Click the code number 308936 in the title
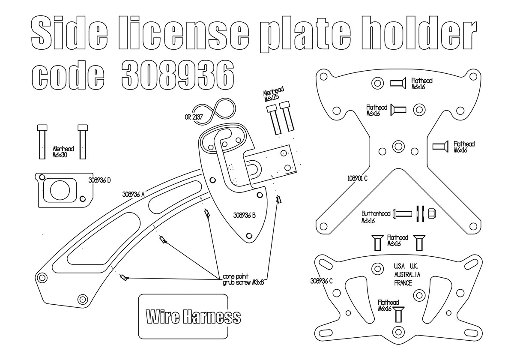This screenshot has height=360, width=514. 178,75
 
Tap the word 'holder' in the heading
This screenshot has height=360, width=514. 419,33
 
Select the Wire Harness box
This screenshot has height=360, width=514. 183,316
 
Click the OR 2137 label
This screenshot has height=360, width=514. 194,117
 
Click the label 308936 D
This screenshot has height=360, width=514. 99,180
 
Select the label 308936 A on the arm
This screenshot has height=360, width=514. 133,195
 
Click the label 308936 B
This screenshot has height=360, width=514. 245,215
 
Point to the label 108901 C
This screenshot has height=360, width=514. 357,178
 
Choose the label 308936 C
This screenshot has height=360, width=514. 321,281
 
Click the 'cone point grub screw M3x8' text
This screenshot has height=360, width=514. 243,279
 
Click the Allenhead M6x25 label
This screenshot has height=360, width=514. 274,94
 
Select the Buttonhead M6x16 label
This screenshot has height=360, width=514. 376,217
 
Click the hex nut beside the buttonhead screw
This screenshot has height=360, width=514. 432,213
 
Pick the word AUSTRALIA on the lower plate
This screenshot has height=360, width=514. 407,275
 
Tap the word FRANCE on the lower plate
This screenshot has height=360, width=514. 403,283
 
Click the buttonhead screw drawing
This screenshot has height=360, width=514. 403,214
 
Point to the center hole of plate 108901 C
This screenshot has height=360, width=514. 398,146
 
